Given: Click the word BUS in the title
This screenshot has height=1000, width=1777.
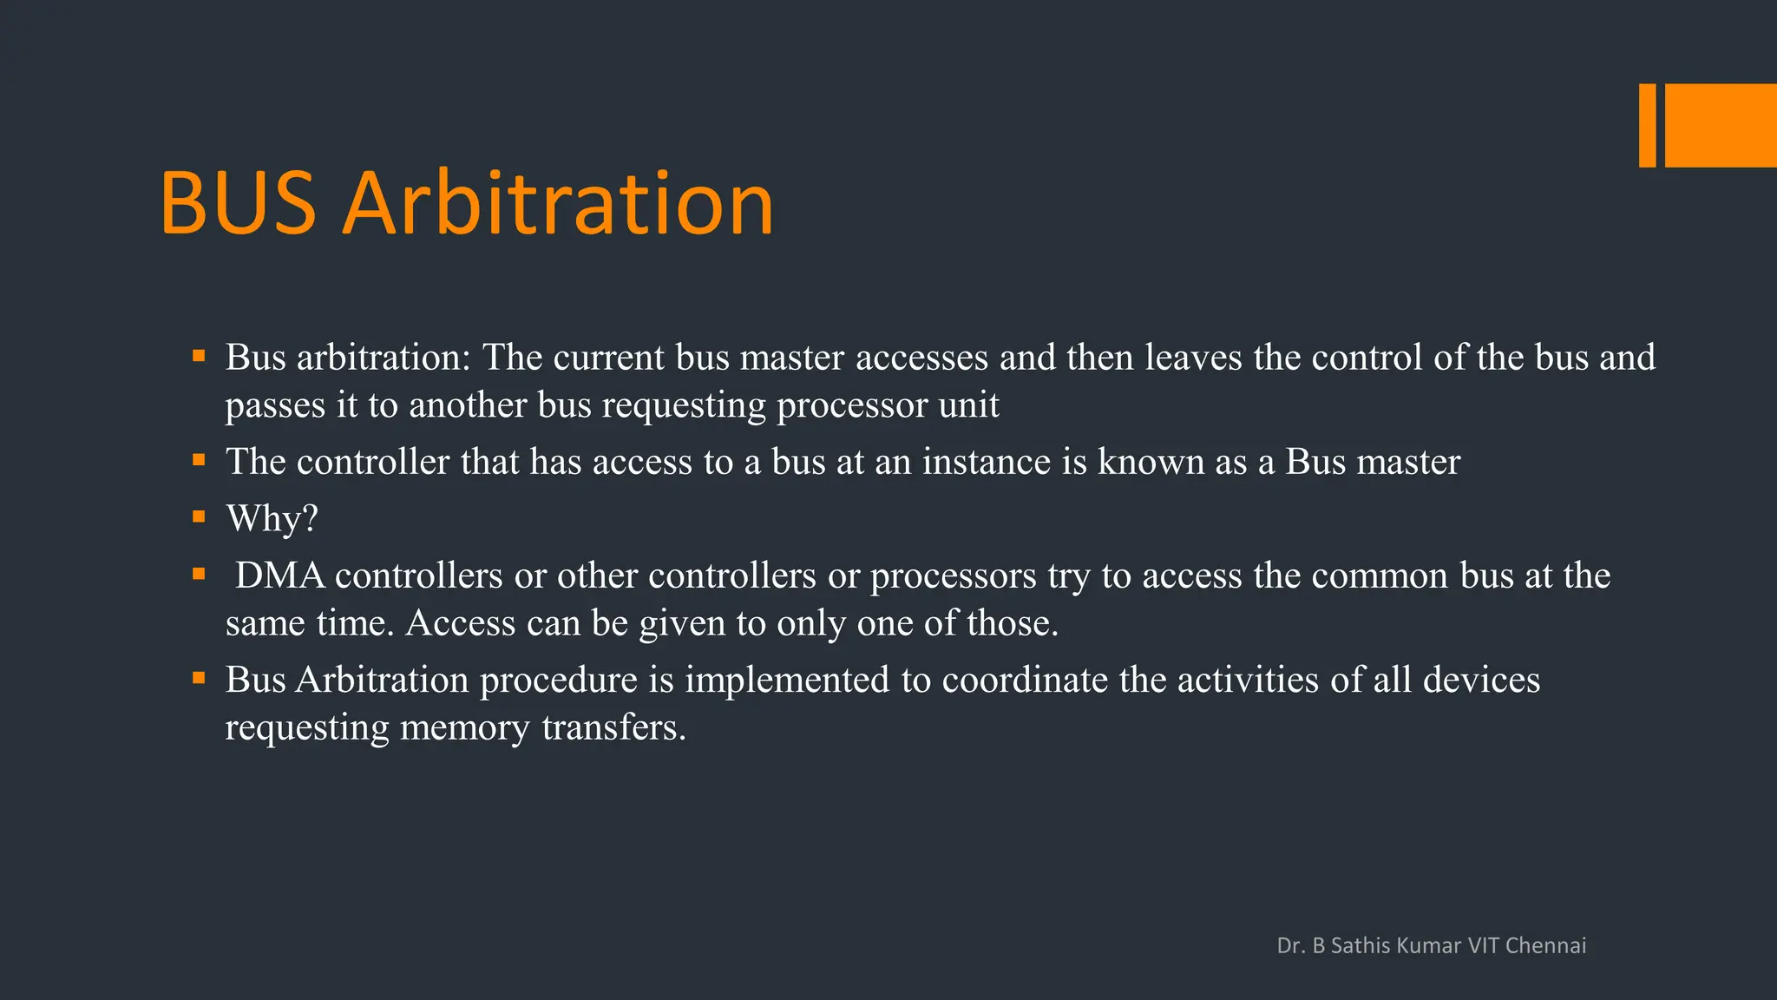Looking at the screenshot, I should (x=238, y=204).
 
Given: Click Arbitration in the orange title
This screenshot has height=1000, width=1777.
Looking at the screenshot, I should (x=558, y=204).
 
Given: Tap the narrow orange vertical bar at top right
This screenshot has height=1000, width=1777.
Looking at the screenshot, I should (x=1647, y=125).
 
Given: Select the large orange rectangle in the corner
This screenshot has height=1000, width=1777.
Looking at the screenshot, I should (x=1721, y=125).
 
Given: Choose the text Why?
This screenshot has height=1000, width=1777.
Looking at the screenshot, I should (x=272, y=519).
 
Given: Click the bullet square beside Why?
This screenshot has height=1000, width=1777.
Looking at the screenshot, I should (x=199, y=516).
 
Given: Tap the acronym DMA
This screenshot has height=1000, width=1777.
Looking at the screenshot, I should (x=279, y=576).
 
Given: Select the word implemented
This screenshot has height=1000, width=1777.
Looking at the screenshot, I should (x=787, y=680).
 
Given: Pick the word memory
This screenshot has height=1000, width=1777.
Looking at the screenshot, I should (x=464, y=728).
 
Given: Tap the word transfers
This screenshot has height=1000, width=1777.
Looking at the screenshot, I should (x=613, y=727).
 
